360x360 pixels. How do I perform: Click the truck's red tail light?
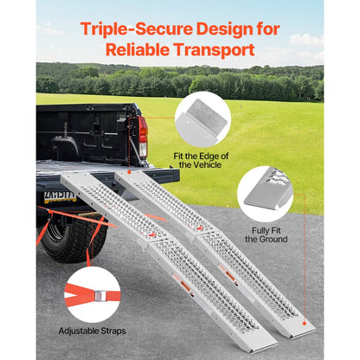(143, 137)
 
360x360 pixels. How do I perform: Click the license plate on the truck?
(61, 196)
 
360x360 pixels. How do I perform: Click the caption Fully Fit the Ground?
(266, 234)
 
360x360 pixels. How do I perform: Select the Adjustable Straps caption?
(92, 331)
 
